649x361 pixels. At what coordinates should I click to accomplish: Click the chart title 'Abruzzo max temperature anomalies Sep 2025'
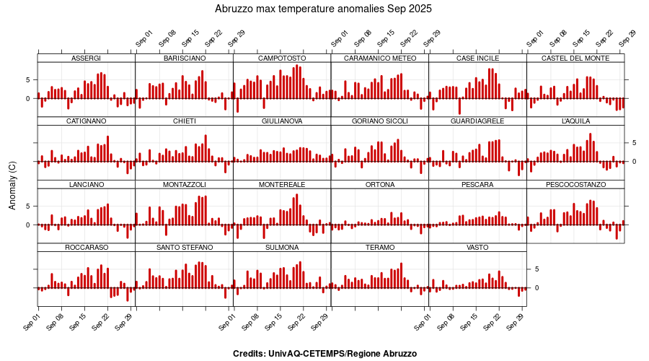tap(324, 9)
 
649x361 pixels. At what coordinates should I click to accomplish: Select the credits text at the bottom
tap(324, 354)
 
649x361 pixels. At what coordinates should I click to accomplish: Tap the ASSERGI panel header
tap(87, 58)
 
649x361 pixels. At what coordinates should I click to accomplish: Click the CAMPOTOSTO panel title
tap(282, 58)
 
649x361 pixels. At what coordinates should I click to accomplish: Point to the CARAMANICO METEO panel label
tap(380, 58)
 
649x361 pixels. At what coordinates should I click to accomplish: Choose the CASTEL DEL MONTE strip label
tap(575, 58)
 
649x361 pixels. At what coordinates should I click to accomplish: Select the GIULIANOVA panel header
tap(282, 121)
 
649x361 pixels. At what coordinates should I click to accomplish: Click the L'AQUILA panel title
tap(575, 121)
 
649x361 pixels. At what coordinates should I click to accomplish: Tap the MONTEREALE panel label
tap(282, 185)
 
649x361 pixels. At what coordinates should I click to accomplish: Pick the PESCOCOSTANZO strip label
tap(575, 185)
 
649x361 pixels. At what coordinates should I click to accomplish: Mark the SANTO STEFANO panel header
tap(184, 248)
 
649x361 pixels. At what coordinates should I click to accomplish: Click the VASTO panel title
tap(477, 248)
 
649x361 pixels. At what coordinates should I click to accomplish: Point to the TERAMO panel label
tap(380, 248)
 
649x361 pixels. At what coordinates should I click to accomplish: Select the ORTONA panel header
tap(380, 185)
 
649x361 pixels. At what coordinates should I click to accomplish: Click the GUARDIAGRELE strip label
tap(477, 121)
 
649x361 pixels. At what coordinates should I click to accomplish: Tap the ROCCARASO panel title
tap(87, 248)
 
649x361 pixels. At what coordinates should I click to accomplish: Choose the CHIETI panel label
tap(184, 121)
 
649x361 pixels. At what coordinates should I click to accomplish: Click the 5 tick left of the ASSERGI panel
tap(27, 79)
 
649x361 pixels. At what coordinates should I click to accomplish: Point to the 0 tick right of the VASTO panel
tap(537, 287)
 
